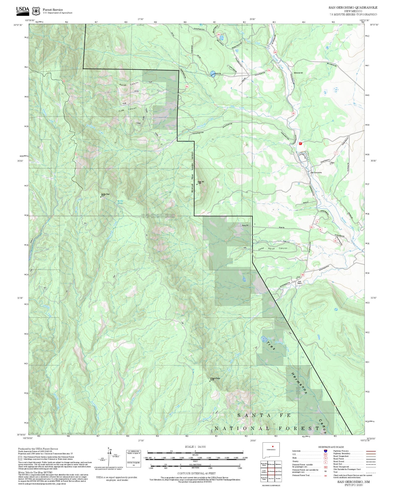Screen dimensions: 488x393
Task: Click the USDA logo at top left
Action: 23,10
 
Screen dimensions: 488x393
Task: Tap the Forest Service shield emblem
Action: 36,11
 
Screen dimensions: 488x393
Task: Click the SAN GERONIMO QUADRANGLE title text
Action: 353,8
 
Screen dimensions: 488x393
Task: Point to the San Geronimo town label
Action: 316,172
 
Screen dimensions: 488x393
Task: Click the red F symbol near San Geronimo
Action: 300,143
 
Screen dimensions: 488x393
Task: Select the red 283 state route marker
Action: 275,52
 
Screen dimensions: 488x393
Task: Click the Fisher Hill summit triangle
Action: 197,185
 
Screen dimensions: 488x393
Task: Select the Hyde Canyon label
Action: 127,110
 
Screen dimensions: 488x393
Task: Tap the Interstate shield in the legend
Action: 325,451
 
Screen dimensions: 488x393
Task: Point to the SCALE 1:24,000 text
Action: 195,447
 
